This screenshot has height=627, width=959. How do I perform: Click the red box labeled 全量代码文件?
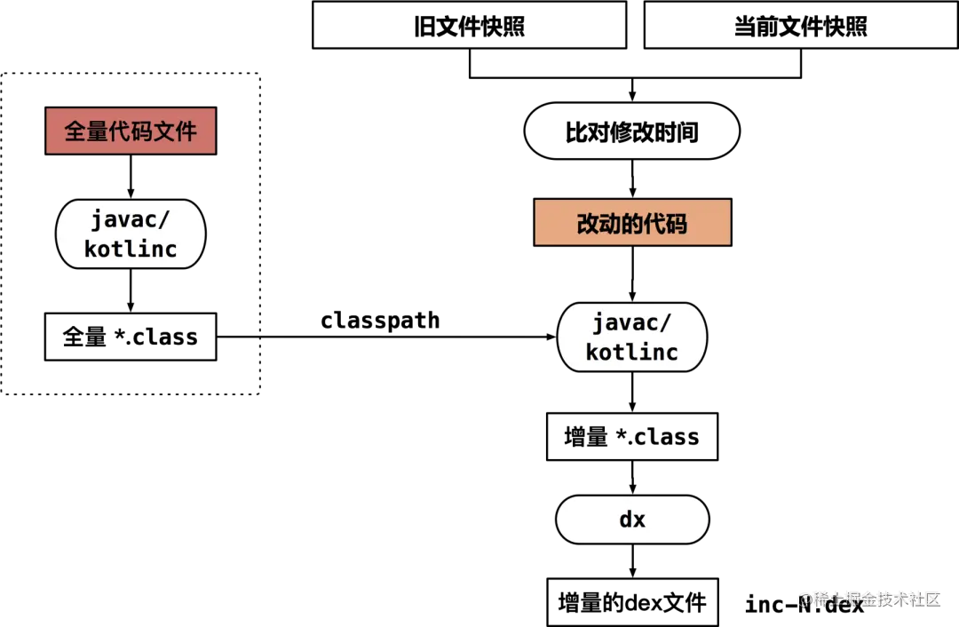click(x=131, y=131)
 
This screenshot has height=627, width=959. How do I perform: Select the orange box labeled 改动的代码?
click(x=632, y=223)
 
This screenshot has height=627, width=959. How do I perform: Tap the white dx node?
click(x=632, y=520)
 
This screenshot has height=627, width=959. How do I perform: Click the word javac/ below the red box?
click(x=131, y=219)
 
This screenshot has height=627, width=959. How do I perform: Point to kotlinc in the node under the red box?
click(x=131, y=249)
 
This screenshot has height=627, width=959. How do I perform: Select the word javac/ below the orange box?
click(x=632, y=321)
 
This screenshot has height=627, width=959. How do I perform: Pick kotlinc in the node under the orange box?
click(x=632, y=352)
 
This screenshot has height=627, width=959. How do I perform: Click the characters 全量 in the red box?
click(x=86, y=131)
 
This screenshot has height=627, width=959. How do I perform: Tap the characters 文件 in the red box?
click(x=175, y=131)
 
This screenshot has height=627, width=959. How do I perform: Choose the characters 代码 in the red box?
click(x=131, y=131)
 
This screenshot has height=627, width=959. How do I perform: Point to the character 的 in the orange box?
click(x=632, y=224)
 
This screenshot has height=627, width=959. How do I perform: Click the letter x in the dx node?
click(x=639, y=520)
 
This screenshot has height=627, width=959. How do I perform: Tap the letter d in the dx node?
click(x=625, y=520)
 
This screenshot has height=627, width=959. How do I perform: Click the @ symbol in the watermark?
click(x=804, y=599)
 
